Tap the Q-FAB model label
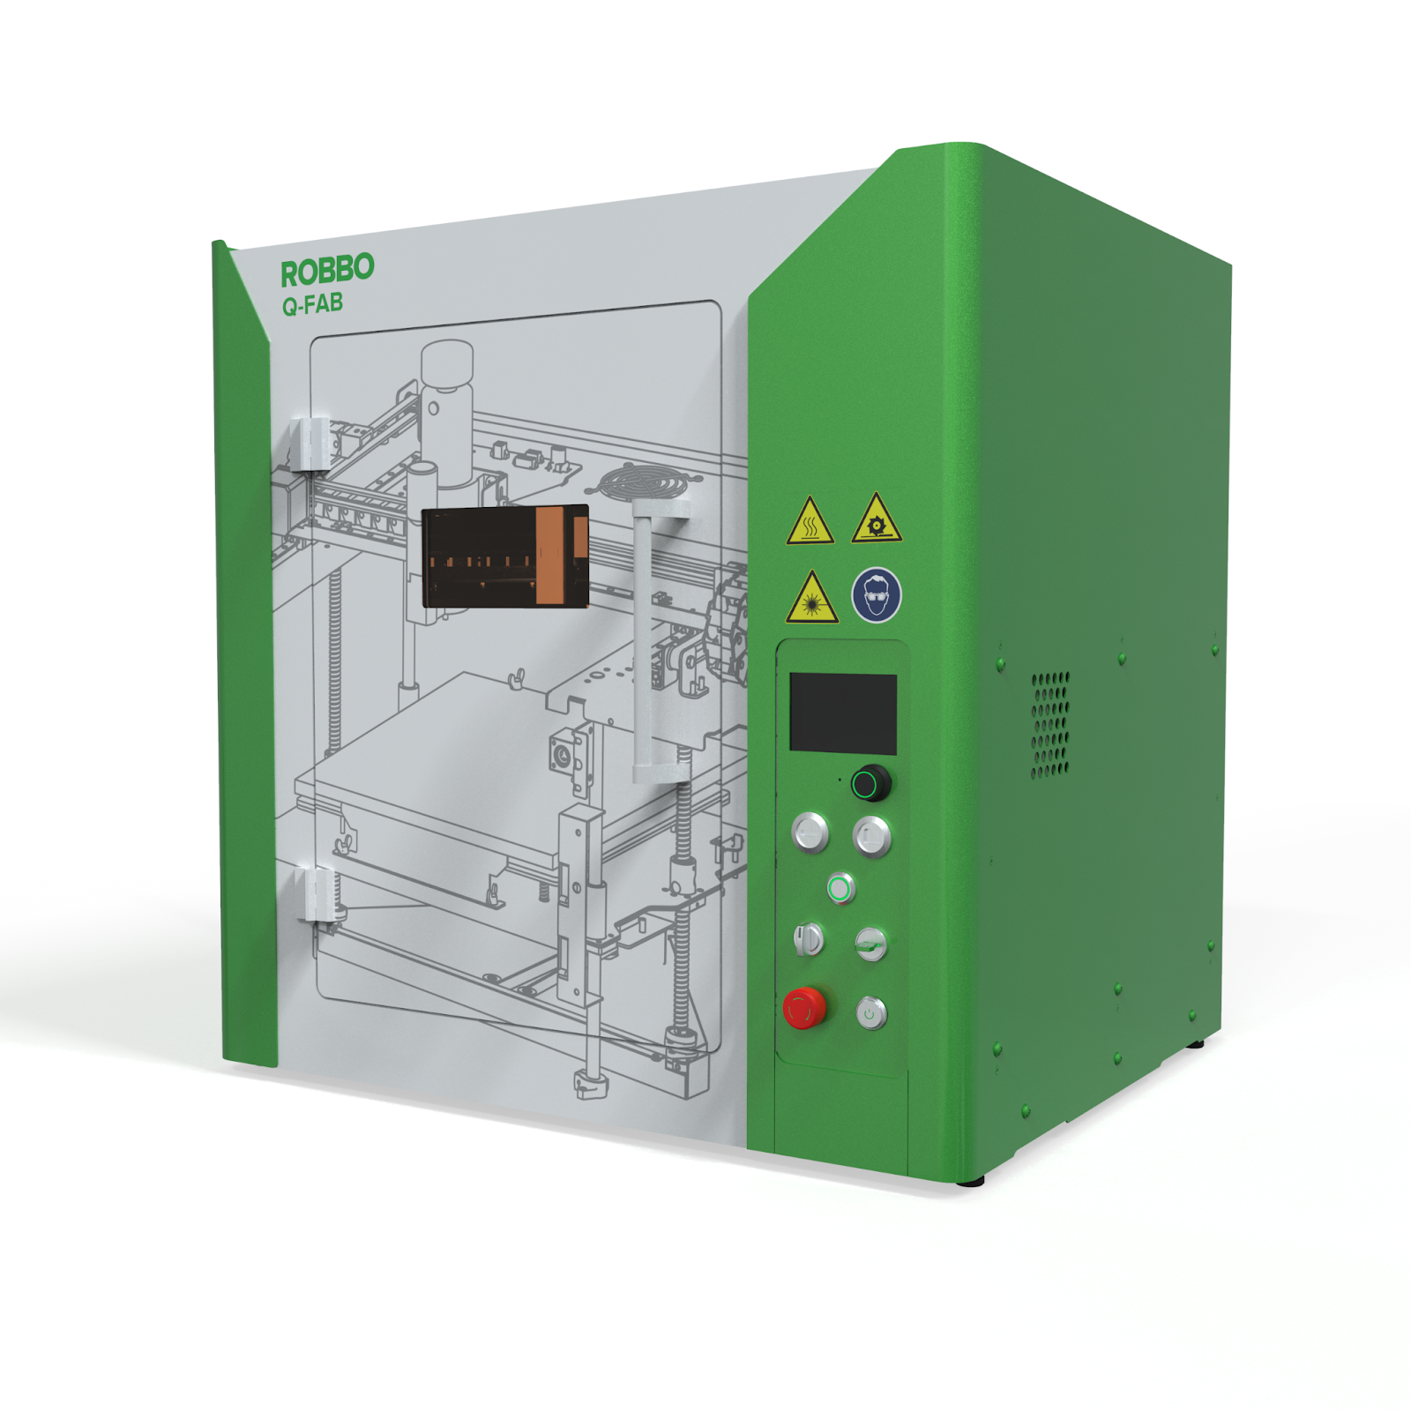[x=312, y=304]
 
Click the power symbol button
[x=871, y=1013]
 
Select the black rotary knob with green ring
[x=870, y=783]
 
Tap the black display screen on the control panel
[x=843, y=713]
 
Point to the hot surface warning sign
[x=810, y=521]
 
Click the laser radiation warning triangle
[x=812, y=599]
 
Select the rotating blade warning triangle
[x=877, y=519]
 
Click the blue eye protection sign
[x=877, y=594]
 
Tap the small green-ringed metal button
[x=841, y=888]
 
